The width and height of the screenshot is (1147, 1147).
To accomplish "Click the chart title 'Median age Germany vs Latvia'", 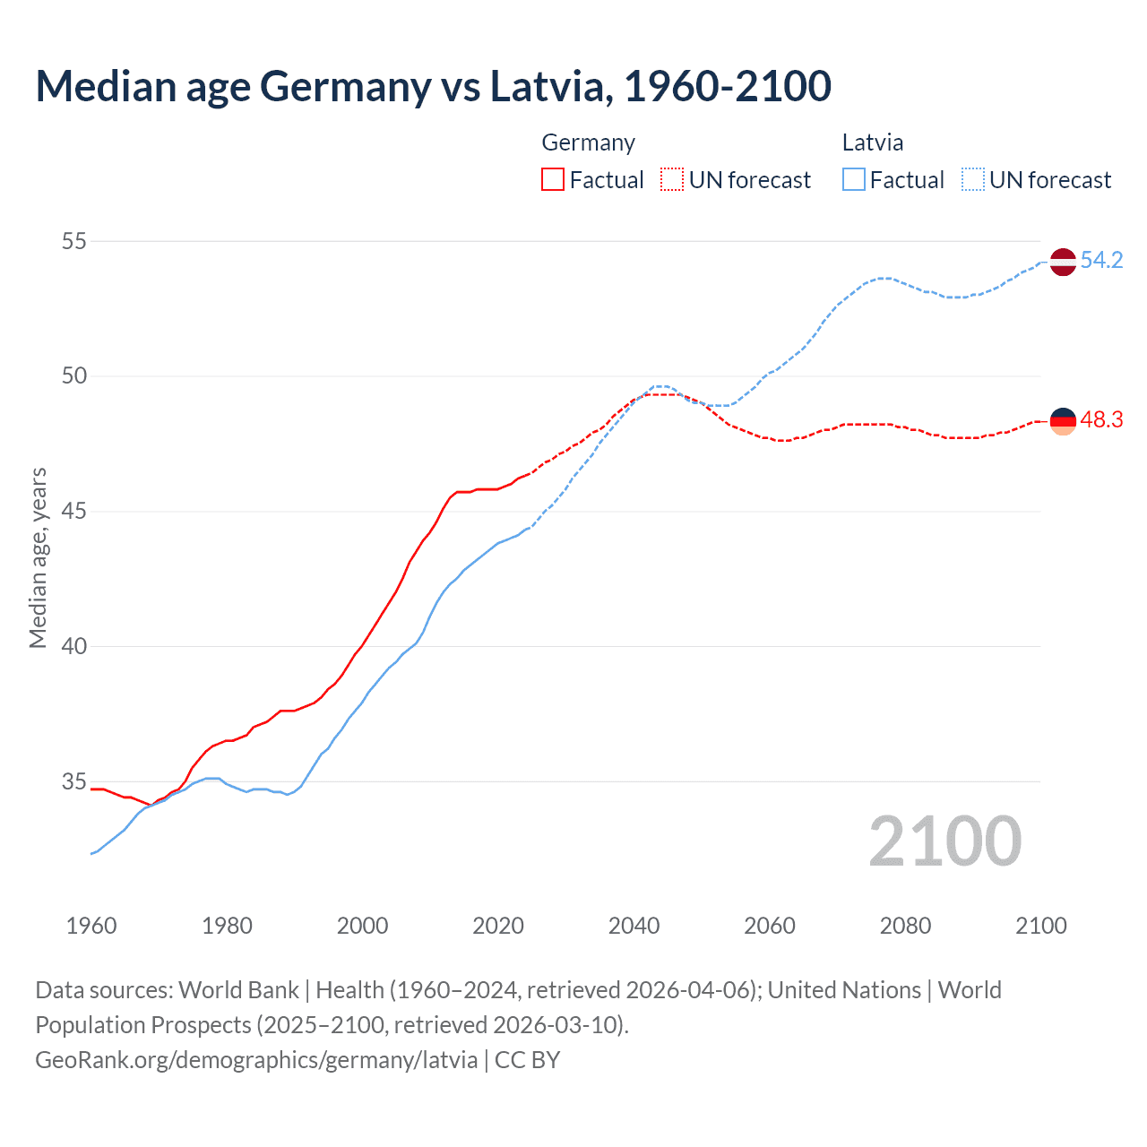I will pos(433,86).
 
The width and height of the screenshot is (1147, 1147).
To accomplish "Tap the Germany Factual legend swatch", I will pos(553,179).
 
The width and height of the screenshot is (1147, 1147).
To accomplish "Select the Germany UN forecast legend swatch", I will pos(672,179).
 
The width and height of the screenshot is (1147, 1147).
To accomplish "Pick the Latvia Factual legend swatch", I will pos(854,179).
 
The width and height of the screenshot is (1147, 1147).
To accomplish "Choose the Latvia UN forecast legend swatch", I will pos(973,179).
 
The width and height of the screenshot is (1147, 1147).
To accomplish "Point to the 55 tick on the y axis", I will pos(74,241).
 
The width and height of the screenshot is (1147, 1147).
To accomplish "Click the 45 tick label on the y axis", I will pos(74,512).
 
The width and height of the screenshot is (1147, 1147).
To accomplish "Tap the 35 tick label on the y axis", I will pos(74,782).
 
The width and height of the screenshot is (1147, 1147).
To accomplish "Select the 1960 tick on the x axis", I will pos(91,925).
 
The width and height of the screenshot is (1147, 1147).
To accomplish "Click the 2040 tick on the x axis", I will pos(634,925).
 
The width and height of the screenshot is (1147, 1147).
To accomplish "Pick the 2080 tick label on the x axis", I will pos(905,925).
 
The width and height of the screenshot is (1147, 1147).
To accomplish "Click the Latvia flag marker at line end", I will pos(1063,262).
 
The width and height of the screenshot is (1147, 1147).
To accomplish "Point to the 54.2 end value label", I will pos(1101,261).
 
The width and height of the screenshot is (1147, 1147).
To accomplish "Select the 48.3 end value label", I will pos(1101,420).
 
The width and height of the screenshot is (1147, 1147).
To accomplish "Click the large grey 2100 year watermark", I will pos(944,841).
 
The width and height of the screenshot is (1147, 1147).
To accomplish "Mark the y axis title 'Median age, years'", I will pos(38,557).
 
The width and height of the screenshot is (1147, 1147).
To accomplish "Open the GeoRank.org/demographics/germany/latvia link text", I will pos(256,1060).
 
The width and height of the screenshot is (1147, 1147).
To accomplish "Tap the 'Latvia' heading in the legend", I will pos(873,142).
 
